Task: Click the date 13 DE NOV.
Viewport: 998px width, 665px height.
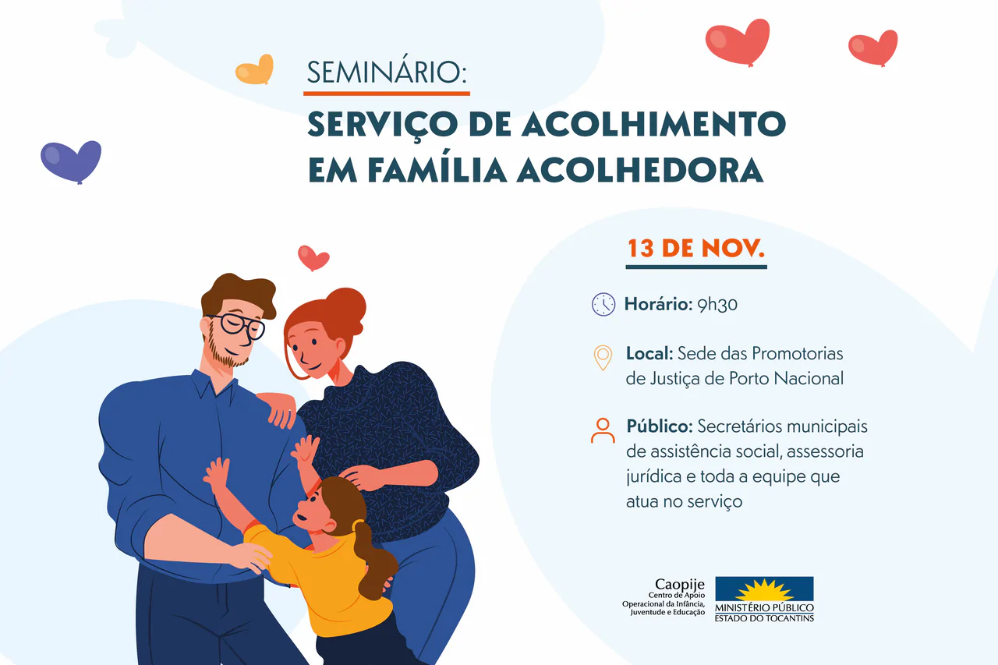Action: [696, 248]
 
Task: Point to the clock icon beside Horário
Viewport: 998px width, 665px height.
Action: [603, 305]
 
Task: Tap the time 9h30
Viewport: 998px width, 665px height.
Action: [717, 304]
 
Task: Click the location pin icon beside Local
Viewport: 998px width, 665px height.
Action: [603, 358]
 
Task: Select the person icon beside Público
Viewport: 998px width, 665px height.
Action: [603, 430]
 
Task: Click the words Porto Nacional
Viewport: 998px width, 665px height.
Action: [787, 379]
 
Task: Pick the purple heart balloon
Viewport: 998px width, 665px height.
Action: [71, 161]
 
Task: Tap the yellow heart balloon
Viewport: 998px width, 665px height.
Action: [255, 69]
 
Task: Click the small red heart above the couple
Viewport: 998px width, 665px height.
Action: [313, 257]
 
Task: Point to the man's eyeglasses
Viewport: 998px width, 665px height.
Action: [236, 326]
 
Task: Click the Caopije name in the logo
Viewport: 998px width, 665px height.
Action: [679, 585]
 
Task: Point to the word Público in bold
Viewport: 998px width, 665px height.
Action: [660, 426]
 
